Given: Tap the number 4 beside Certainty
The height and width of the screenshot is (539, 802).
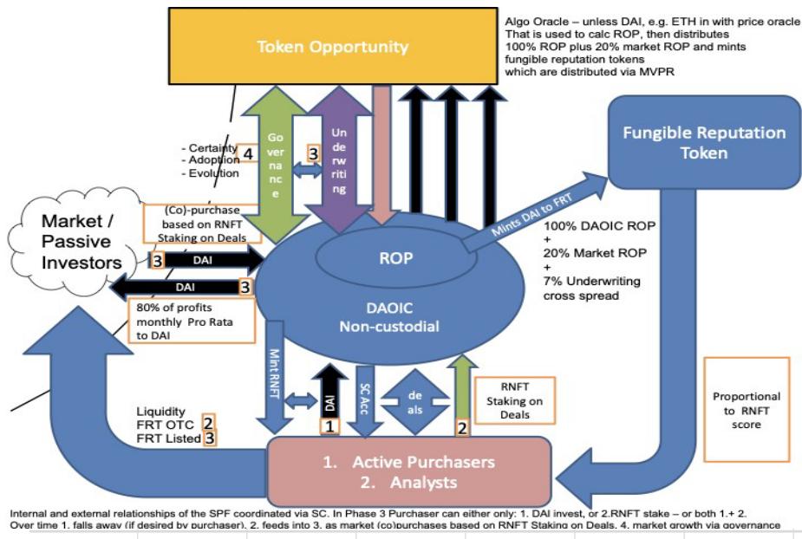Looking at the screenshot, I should [x=249, y=156].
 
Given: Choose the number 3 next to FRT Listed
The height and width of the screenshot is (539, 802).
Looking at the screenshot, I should [x=209, y=438].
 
